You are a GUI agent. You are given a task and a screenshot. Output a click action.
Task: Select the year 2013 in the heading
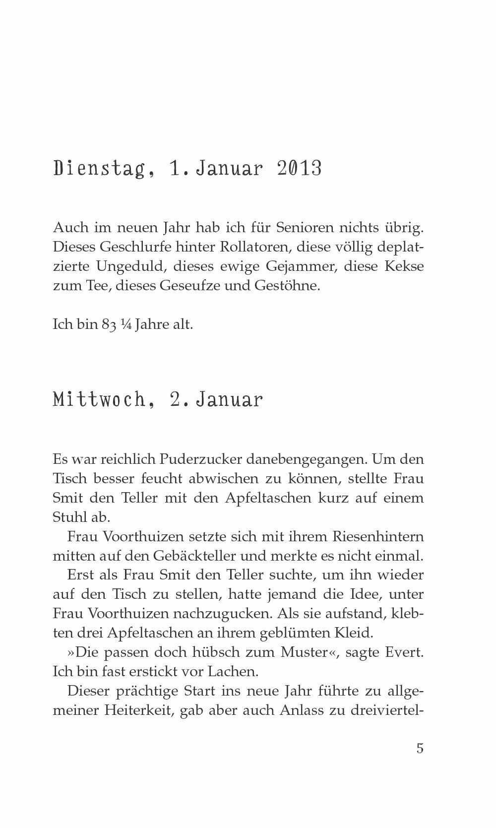[299, 169]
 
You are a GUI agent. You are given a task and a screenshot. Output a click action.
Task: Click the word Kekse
[403, 266]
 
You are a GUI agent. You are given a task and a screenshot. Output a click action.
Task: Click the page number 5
[420, 748]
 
